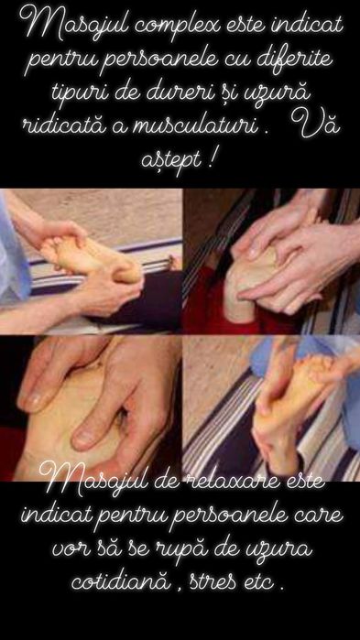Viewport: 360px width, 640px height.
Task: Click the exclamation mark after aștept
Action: (213, 159)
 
